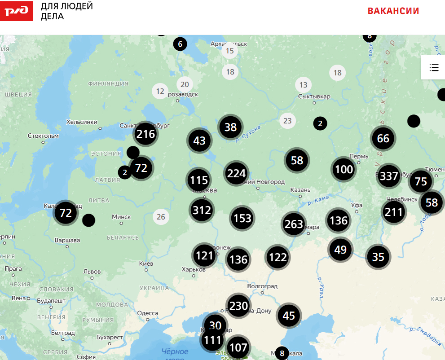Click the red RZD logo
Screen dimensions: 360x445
click(17, 11)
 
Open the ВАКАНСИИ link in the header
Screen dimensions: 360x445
click(393, 11)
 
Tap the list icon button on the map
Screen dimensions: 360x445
click(433, 68)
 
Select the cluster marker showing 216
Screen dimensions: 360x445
click(146, 134)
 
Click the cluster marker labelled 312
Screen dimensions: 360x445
click(202, 210)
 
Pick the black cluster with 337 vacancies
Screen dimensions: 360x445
click(389, 176)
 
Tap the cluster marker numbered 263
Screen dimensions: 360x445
click(294, 224)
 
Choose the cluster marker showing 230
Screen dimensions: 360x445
click(238, 306)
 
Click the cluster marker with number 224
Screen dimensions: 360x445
click(236, 173)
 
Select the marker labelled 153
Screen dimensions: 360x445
click(242, 219)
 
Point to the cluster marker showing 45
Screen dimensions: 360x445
click(289, 316)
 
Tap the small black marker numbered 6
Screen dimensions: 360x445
click(180, 44)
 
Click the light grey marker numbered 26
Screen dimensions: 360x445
click(161, 217)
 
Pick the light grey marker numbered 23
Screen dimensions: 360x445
click(287, 120)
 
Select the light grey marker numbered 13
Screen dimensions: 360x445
click(304, 85)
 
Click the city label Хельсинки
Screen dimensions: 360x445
click(81, 122)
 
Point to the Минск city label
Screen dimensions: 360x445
click(121, 217)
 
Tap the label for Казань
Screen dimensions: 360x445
click(300, 189)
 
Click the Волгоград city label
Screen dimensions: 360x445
click(262, 286)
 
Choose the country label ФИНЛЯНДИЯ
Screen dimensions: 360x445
click(108, 83)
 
